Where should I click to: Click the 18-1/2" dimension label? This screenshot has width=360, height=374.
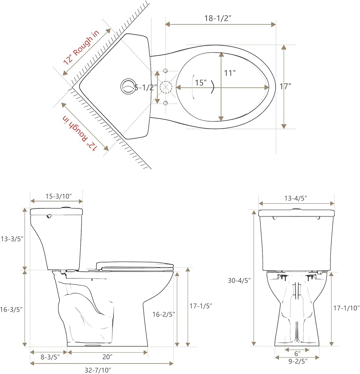(221, 18)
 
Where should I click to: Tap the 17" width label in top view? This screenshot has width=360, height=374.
(285, 86)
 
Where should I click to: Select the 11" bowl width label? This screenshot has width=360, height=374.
(230, 73)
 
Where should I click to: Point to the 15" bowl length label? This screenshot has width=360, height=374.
(200, 83)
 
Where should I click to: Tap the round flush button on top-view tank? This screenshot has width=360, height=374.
(127, 86)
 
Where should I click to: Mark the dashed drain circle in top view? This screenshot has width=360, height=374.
(166, 87)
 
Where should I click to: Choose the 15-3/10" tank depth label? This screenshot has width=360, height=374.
(56, 196)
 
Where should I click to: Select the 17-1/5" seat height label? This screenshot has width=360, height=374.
(201, 306)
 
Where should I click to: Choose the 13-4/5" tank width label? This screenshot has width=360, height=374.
(296, 198)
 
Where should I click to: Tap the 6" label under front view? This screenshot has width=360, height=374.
(297, 353)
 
